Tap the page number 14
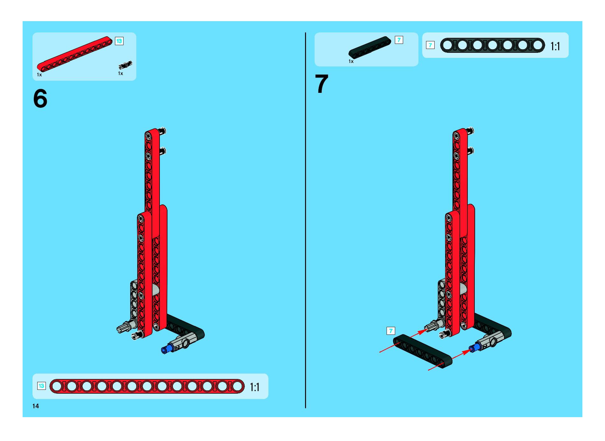tap(36, 406)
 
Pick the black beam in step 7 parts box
tap(370, 47)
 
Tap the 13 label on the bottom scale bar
tap(41, 386)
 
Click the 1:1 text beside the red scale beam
tap(255, 387)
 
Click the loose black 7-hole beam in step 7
tap(422, 351)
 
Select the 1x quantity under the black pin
tap(121, 73)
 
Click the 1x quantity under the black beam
tap(351, 61)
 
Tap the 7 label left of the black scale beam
tap(430, 45)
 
